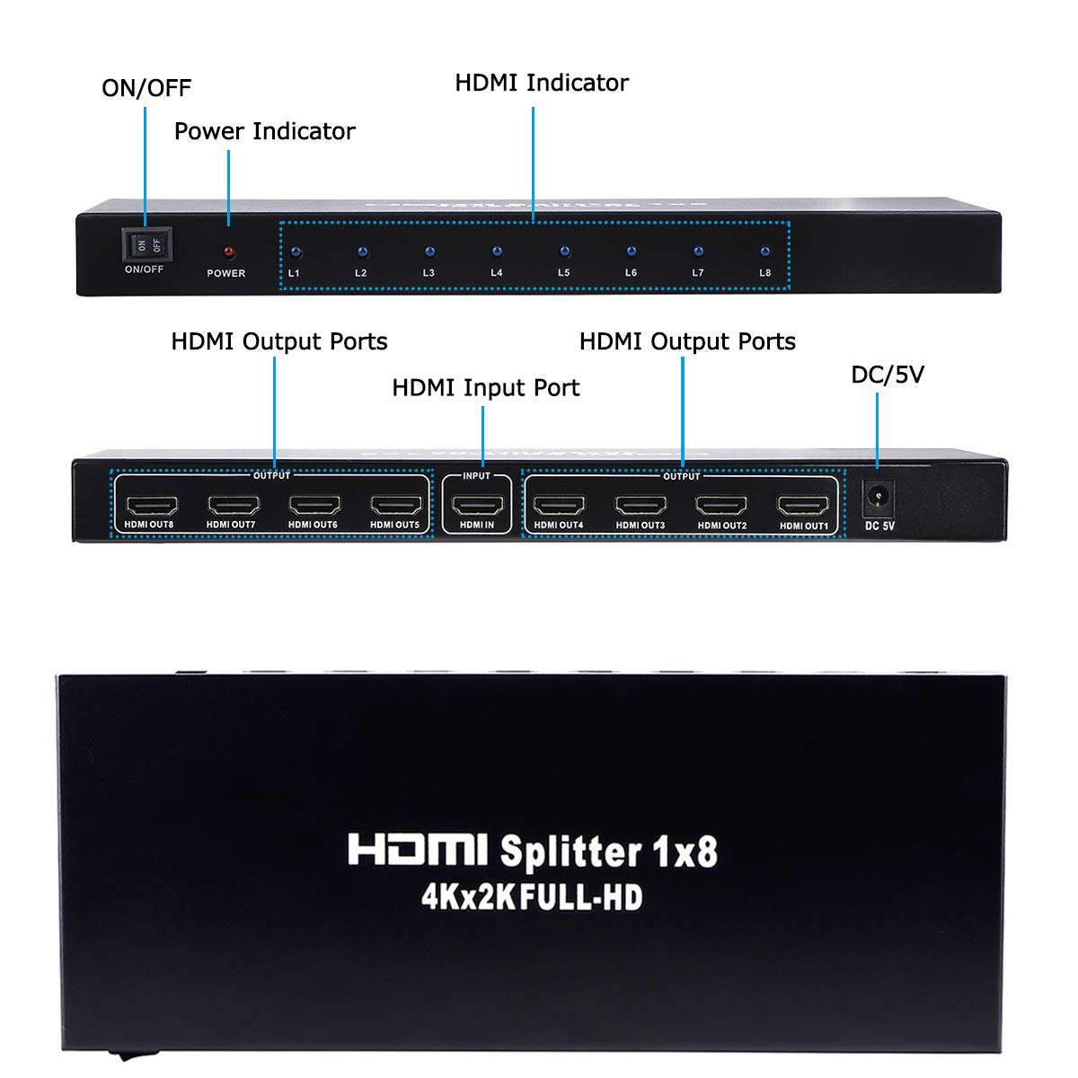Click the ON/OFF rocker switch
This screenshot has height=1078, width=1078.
pyautogui.click(x=146, y=243)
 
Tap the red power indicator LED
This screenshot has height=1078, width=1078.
pyautogui.click(x=228, y=252)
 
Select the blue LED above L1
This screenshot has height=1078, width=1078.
pyautogui.click(x=296, y=253)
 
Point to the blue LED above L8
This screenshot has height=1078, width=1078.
pyautogui.click(x=764, y=252)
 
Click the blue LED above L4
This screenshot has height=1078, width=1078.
pyautogui.click(x=497, y=252)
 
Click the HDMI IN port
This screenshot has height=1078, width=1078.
pyautogui.click(x=476, y=506)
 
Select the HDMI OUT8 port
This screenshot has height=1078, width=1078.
pyautogui.click(x=151, y=506)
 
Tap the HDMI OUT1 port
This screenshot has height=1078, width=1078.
pyautogui.click(x=803, y=506)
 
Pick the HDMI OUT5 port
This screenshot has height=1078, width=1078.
pyautogui.click(x=394, y=506)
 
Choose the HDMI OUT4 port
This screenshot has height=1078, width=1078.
pyautogui.click(x=559, y=506)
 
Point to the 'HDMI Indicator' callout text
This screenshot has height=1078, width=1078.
pyautogui.click(x=541, y=83)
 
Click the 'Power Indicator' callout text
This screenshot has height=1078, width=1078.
pyautogui.click(x=264, y=131)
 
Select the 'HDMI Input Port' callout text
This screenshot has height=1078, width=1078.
pyautogui.click(x=485, y=388)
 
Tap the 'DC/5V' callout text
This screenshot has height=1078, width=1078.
pyautogui.click(x=888, y=375)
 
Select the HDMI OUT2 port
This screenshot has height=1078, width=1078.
pyautogui.click(x=721, y=506)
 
